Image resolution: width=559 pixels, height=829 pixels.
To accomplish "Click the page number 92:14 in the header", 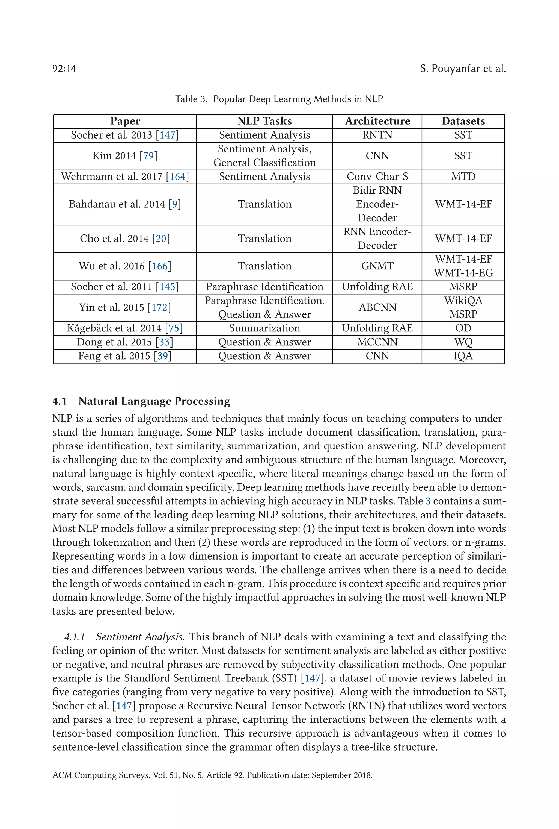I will [64, 69].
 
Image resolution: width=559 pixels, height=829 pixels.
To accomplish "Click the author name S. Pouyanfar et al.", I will [462, 69].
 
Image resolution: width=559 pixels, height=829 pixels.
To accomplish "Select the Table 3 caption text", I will [279, 99].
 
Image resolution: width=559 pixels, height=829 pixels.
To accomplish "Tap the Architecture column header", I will [377, 121].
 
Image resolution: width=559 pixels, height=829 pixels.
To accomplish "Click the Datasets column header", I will [463, 121].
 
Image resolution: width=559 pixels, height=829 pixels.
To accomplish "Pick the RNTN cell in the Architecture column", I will [377, 135].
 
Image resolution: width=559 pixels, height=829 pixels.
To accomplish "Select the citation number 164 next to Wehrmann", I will [177, 177].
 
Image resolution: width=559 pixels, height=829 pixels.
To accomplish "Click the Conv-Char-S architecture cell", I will [377, 177].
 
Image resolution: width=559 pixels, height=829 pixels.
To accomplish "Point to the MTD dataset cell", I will [463, 177].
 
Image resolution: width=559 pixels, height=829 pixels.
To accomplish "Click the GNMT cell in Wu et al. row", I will [377, 266].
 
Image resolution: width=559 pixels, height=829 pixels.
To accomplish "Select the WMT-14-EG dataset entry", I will [463, 273].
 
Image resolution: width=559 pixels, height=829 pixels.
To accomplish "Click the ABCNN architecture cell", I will [377, 307].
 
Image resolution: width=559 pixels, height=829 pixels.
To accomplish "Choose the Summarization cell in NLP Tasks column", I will [264, 328].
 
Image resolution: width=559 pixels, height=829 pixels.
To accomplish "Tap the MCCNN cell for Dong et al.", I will [377, 342].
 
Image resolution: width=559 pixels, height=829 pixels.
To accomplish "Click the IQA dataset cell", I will [463, 356].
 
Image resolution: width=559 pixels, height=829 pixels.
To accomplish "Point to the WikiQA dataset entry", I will [463, 301].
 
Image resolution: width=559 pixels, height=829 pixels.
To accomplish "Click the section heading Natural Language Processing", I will [154, 401].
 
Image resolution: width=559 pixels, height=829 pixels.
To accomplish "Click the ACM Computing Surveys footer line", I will [212, 775].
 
